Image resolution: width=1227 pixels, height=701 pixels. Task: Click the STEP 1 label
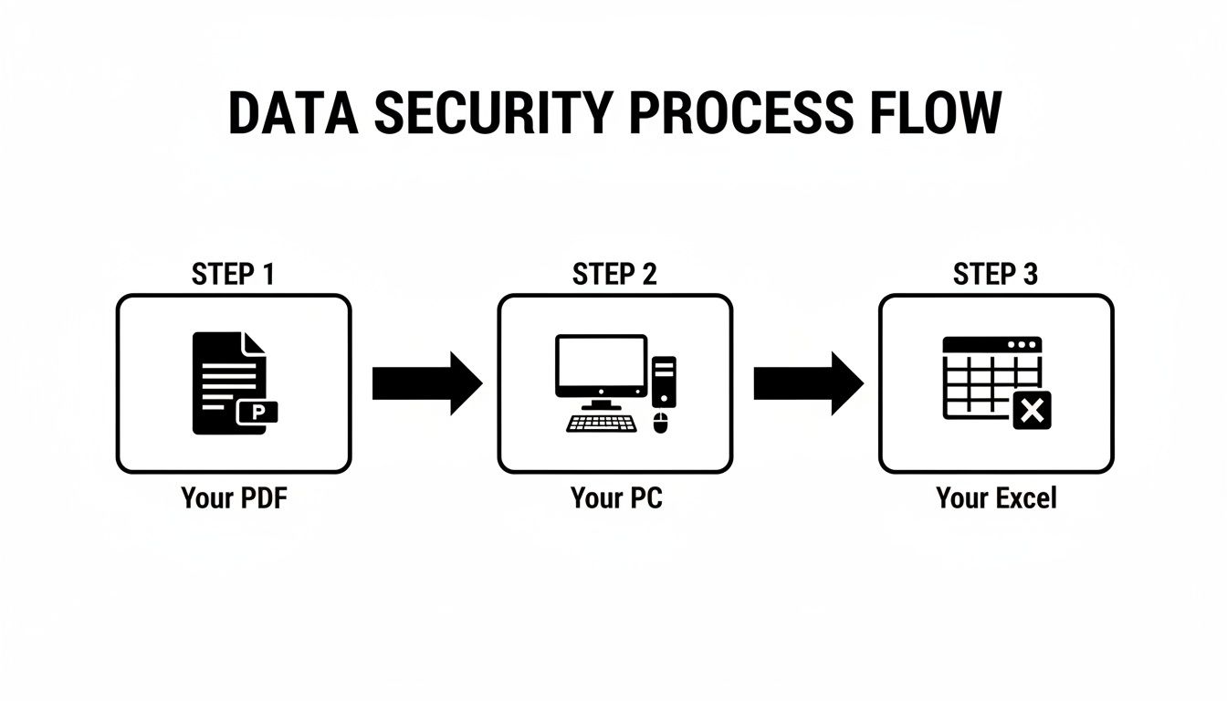[x=233, y=274]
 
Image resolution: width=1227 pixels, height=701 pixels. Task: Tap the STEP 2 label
[x=614, y=274]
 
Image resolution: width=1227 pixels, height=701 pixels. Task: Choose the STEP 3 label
[x=995, y=274]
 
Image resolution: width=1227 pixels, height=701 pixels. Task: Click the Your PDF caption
[x=234, y=498]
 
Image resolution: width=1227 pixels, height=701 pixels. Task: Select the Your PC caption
[x=615, y=498]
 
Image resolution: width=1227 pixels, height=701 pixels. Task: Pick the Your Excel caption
[x=996, y=498]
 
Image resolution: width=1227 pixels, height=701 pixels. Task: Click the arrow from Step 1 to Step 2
[x=426, y=383]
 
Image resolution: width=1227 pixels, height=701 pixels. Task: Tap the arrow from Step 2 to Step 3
[x=808, y=383]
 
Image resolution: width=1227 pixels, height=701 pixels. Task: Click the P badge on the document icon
[x=257, y=413]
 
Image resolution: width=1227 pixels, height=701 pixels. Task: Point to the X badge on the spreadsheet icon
[x=1032, y=411]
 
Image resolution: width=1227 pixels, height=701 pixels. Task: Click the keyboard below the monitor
[x=603, y=423]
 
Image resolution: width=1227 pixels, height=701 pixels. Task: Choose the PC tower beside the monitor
[x=664, y=381]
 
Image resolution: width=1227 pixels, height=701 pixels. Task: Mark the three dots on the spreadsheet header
[x=1022, y=345]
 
